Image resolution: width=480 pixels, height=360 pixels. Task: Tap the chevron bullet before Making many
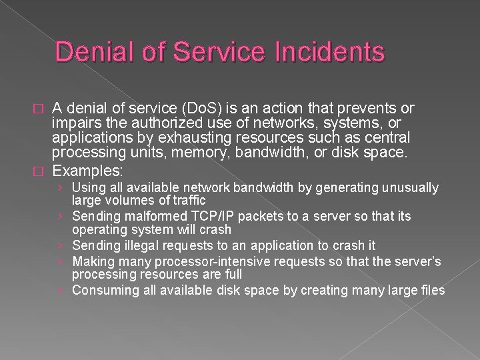pos(61,261)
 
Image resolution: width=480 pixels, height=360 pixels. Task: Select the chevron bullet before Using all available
pos(61,188)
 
